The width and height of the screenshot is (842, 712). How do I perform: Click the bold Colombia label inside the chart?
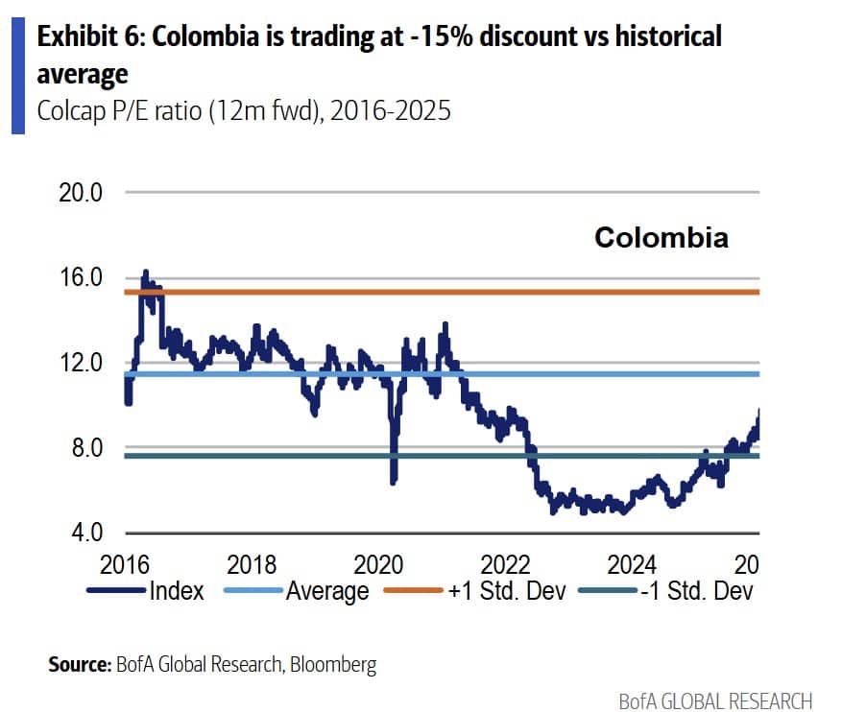click(x=661, y=237)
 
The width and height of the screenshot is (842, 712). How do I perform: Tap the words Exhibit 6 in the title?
click(x=90, y=38)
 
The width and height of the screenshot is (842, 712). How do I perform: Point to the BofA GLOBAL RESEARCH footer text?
click(x=715, y=700)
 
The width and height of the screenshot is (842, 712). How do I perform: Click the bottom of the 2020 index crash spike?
click(x=393, y=482)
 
